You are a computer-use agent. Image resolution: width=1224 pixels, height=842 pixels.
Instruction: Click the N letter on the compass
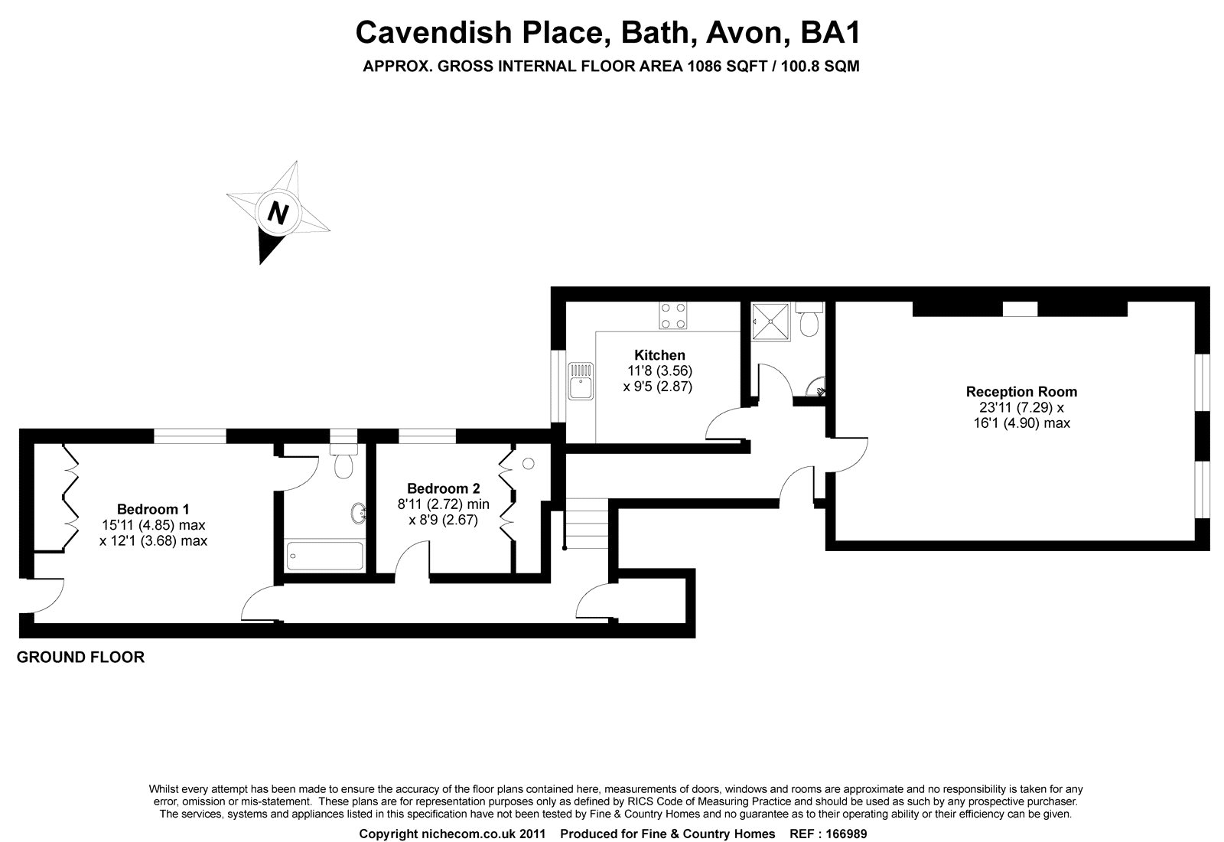point(278,213)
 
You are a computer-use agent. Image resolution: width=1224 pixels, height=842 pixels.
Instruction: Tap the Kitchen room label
point(659,355)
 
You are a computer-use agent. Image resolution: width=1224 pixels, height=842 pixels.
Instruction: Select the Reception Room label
point(1021,391)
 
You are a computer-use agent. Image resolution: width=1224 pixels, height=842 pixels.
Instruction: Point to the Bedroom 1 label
point(153,509)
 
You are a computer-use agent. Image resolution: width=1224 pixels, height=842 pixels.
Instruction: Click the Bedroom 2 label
point(443,488)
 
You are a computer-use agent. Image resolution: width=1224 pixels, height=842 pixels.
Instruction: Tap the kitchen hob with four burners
point(673,316)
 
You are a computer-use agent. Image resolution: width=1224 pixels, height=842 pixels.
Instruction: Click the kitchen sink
point(581,380)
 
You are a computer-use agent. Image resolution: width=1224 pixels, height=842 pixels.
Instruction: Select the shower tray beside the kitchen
point(770,321)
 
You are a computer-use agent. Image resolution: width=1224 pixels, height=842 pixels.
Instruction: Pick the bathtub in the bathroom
point(324,556)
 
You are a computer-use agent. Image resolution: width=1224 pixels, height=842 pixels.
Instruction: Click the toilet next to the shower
point(809,320)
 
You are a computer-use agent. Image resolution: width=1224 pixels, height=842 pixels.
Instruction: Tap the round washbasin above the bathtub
point(359,514)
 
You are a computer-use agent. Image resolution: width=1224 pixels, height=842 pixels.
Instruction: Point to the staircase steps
point(586,524)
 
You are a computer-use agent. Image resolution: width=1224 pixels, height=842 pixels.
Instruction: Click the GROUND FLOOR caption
point(81,658)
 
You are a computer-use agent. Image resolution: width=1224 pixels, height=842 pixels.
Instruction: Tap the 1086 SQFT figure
point(726,66)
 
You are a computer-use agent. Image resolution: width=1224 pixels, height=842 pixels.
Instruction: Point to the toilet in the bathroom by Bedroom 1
point(343,462)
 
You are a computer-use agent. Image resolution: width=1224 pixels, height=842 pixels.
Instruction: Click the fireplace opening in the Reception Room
point(1021,309)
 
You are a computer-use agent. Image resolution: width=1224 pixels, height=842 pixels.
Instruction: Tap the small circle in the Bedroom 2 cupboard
point(529,464)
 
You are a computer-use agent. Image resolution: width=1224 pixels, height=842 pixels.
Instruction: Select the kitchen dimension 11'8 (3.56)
point(659,370)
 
